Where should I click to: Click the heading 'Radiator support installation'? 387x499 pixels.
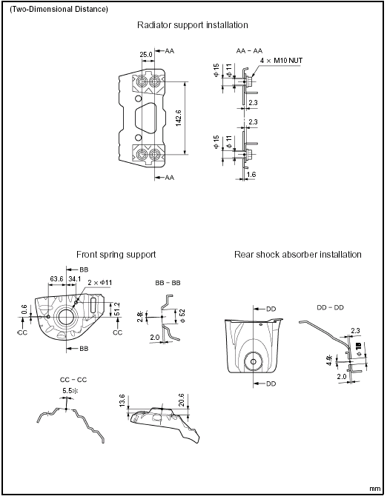pyautogui.click(x=193, y=25)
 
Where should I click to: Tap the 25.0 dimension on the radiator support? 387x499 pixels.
pyautogui.click(x=146, y=54)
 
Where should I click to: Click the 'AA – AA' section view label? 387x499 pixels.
pyautogui.click(x=249, y=51)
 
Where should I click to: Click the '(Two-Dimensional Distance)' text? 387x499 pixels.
pyautogui.click(x=59, y=10)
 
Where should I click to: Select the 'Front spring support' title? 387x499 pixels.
pyautogui.click(x=116, y=254)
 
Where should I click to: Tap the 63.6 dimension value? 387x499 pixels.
pyautogui.click(x=56, y=279)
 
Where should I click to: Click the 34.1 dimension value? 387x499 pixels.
pyautogui.click(x=75, y=279)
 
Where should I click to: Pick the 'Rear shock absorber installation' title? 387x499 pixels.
pyautogui.click(x=297, y=254)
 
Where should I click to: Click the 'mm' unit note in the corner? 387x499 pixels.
pyautogui.click(x=375, y=489)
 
